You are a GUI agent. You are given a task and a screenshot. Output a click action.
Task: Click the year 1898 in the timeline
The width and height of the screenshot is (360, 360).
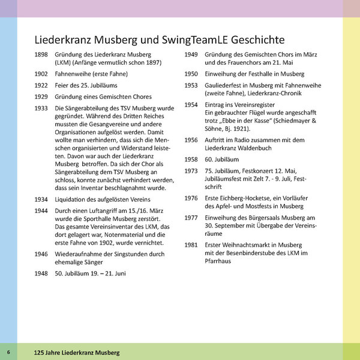click(x=42, y=54)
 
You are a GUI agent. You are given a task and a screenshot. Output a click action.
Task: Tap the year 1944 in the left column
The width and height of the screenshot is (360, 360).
click(x=42, y=211)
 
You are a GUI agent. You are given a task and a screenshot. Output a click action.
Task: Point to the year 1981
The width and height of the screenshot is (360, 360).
click(x=191, y=245)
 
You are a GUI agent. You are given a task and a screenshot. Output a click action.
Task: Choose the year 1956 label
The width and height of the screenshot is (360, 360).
click(x=191, y=140)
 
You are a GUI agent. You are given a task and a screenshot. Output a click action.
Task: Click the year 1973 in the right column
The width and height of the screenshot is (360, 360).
click(x=191, y=171)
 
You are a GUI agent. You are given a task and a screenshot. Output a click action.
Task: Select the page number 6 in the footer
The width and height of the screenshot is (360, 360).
click(x=8, y=351)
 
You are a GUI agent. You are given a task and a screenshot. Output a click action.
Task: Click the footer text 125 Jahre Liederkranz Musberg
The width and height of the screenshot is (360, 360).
click(x=77, y=351)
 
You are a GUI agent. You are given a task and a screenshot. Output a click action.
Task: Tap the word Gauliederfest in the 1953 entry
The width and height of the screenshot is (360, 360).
click(x=227, y=85)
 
